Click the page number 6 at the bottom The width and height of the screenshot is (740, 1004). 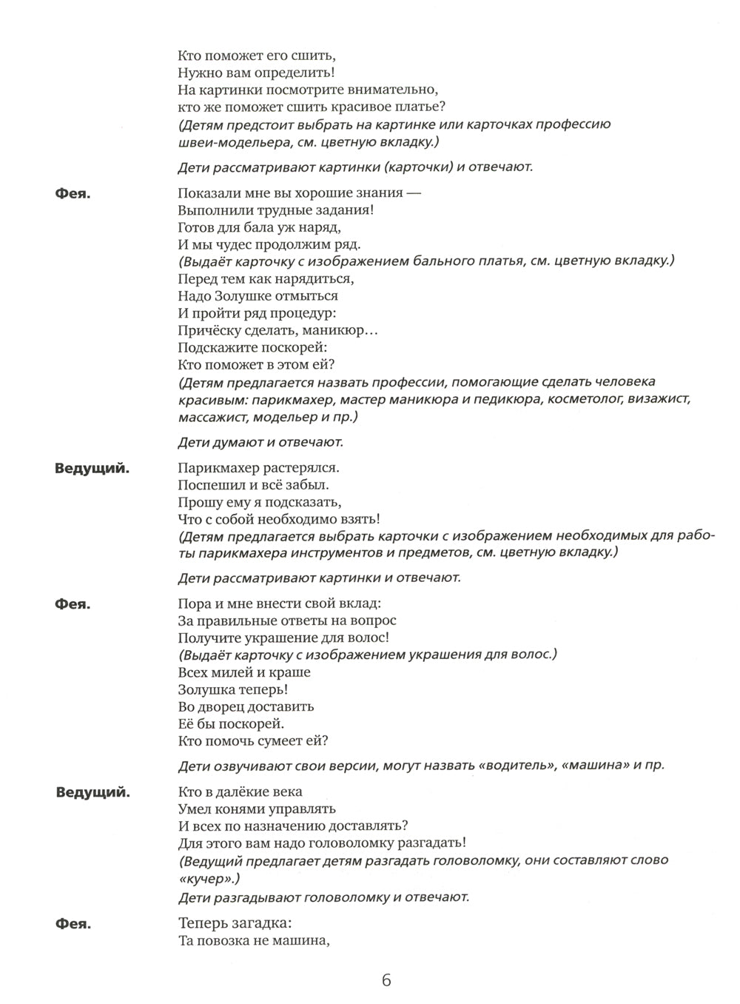(x=386, y=980)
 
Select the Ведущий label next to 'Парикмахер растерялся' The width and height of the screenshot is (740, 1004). (x=92, y=469)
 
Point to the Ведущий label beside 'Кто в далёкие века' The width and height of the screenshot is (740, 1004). (x=92, y=793)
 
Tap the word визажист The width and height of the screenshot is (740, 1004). (x=659, y=400)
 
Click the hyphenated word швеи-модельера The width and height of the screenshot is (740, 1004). (x=227, y=141)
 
